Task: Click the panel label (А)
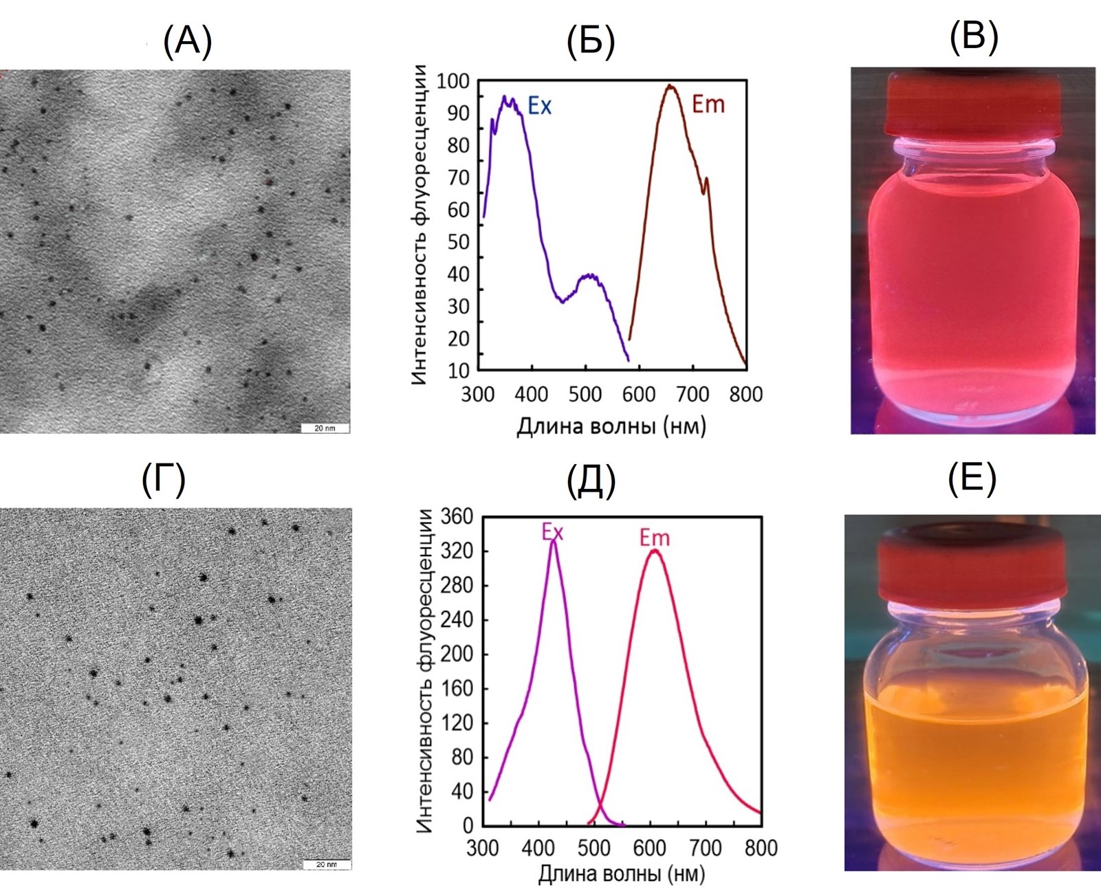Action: (x=187, y=41)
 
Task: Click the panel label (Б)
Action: (x=590, y=41)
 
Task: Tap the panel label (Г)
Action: (x=163, y=479)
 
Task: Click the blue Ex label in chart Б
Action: (x=539, y=106)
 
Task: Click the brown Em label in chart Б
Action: (x=708, y=105)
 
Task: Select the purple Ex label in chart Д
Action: (x=552, y=532)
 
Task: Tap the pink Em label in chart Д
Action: (x=654, y=538)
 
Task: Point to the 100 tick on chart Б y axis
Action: (x=453, y=81)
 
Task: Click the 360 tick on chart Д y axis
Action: (x=457, y=516)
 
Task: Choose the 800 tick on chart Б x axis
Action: (x=745, y=395)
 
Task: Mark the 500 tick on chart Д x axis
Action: (x=594, y=848)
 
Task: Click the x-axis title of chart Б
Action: (x=611, y=427)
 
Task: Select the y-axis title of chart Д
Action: (x=426, y=671)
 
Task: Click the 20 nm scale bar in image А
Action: (x=325, y=428)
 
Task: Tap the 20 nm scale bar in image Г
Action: (x=327, y=864)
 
